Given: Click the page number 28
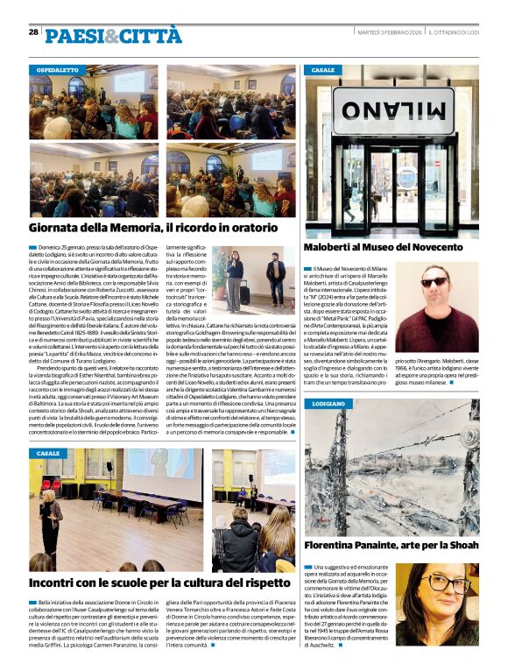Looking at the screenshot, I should [33, 32].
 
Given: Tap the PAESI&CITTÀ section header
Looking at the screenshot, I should [113, 35].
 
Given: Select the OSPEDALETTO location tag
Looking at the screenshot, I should [57, 69].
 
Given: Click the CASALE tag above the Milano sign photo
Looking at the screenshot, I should [322, 69].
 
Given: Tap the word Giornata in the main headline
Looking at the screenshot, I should [57, 228].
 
